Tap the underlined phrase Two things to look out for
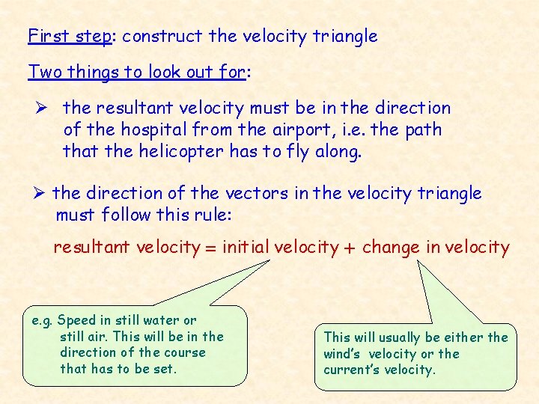point(138,72)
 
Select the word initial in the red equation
point(246,247)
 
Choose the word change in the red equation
point(390,248)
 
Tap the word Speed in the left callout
point(76,320)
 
